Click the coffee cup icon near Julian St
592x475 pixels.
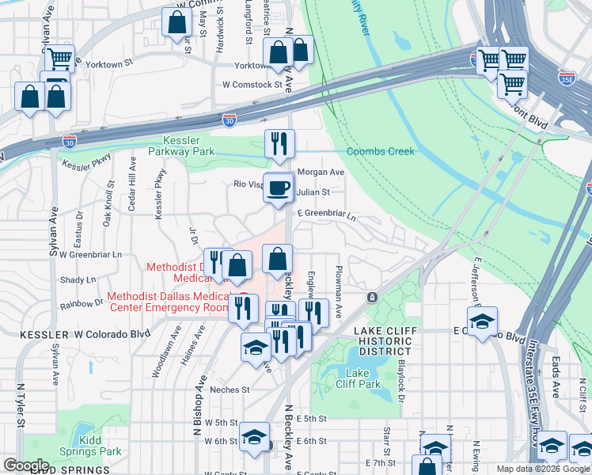point(278,188)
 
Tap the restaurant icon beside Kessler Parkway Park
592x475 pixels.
point(279,144)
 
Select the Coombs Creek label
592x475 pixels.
point(380,152)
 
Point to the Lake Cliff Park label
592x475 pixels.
point(363,378)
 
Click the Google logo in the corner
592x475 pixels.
point(26,465)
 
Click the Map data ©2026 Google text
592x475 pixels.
point(543,469)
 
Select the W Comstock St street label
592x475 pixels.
point(252,84)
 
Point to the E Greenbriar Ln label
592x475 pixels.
point(327,214)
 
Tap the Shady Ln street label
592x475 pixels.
point(78,279)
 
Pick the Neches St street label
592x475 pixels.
point(230,389)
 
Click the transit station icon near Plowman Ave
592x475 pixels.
point(371,298)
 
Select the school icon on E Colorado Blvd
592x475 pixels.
point(480,323)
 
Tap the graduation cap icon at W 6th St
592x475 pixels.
point(254,436)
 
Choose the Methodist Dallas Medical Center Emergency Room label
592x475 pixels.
point(166,302)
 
